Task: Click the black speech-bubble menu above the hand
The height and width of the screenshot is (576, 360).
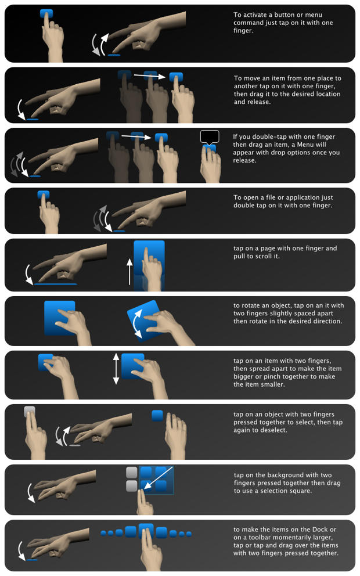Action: (x=210, y=137)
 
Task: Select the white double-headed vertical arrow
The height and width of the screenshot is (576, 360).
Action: (x=116, y=369)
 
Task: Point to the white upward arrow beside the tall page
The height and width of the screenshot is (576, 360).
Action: (x=129, y=272)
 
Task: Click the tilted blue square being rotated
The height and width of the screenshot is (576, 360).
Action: (x=143, y=320)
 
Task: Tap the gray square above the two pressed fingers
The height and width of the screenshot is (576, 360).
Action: (x=30, y=412)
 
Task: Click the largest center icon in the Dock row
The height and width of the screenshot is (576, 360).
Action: (x=146, y=531)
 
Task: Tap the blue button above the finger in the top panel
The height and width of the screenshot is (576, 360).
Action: (x=47, y=13)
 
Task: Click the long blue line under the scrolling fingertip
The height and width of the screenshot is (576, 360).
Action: (x=55, y=284)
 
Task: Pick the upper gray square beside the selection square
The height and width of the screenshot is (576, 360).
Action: (x=132, y=473)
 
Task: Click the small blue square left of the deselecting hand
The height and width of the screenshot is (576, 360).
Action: (x=157, y=415)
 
